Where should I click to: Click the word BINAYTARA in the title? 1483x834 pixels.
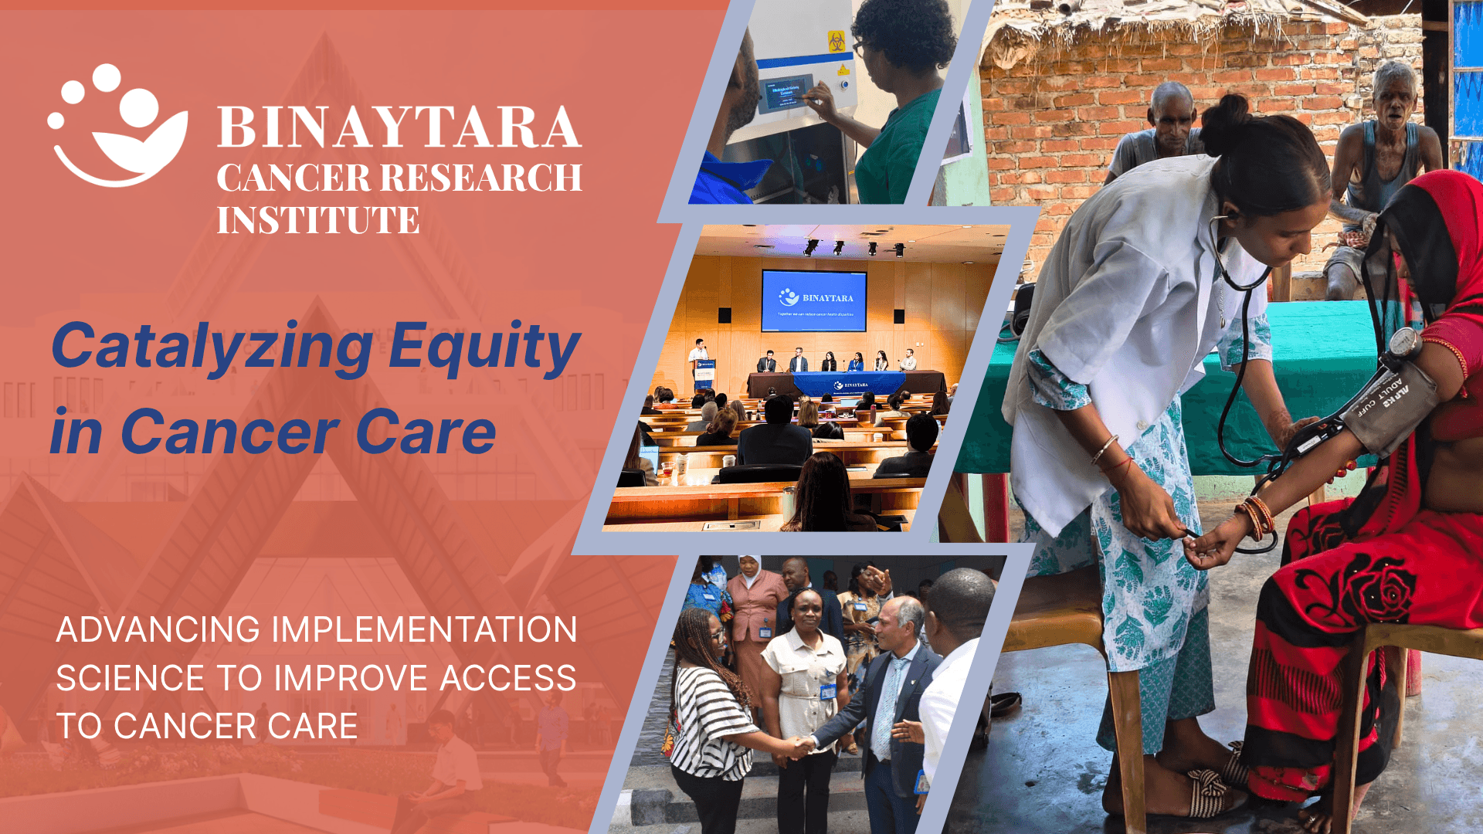399,127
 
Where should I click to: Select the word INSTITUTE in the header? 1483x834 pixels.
317,220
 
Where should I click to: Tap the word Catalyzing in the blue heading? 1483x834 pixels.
212,347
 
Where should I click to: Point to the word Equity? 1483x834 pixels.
484,347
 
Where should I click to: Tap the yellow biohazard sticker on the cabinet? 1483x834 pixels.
837,42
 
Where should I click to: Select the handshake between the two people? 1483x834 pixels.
803,746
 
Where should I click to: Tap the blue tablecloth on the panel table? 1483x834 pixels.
849,383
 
